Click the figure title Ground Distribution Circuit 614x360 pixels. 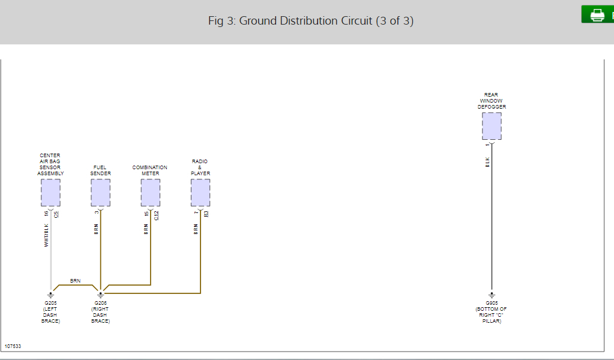310,21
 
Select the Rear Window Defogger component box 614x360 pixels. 492,126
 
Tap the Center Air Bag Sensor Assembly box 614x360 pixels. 50,193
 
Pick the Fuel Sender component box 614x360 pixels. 100,193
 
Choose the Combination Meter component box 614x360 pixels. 150,193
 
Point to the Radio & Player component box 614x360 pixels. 200,193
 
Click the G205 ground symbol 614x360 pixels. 50,295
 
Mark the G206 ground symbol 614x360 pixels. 100,295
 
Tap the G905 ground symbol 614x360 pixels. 492,295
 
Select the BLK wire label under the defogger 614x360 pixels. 487,163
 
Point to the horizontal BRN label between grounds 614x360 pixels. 75,281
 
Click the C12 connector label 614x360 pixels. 156,215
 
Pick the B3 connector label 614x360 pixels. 206,214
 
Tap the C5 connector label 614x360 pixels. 56,214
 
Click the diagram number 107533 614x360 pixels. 13,346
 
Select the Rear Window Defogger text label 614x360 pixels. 492,101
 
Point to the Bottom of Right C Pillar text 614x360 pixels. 492,315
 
